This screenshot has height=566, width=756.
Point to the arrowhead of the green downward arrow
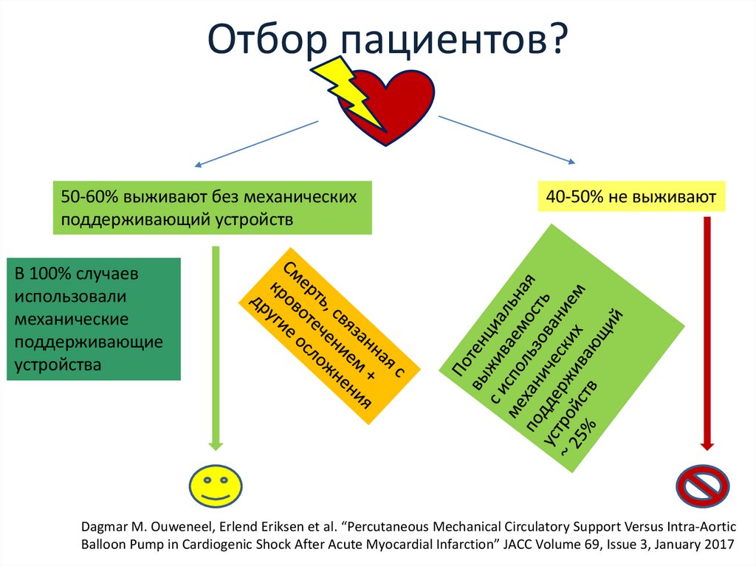(x=216, y=444)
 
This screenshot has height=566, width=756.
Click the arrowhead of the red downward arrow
(x=706, y=444)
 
